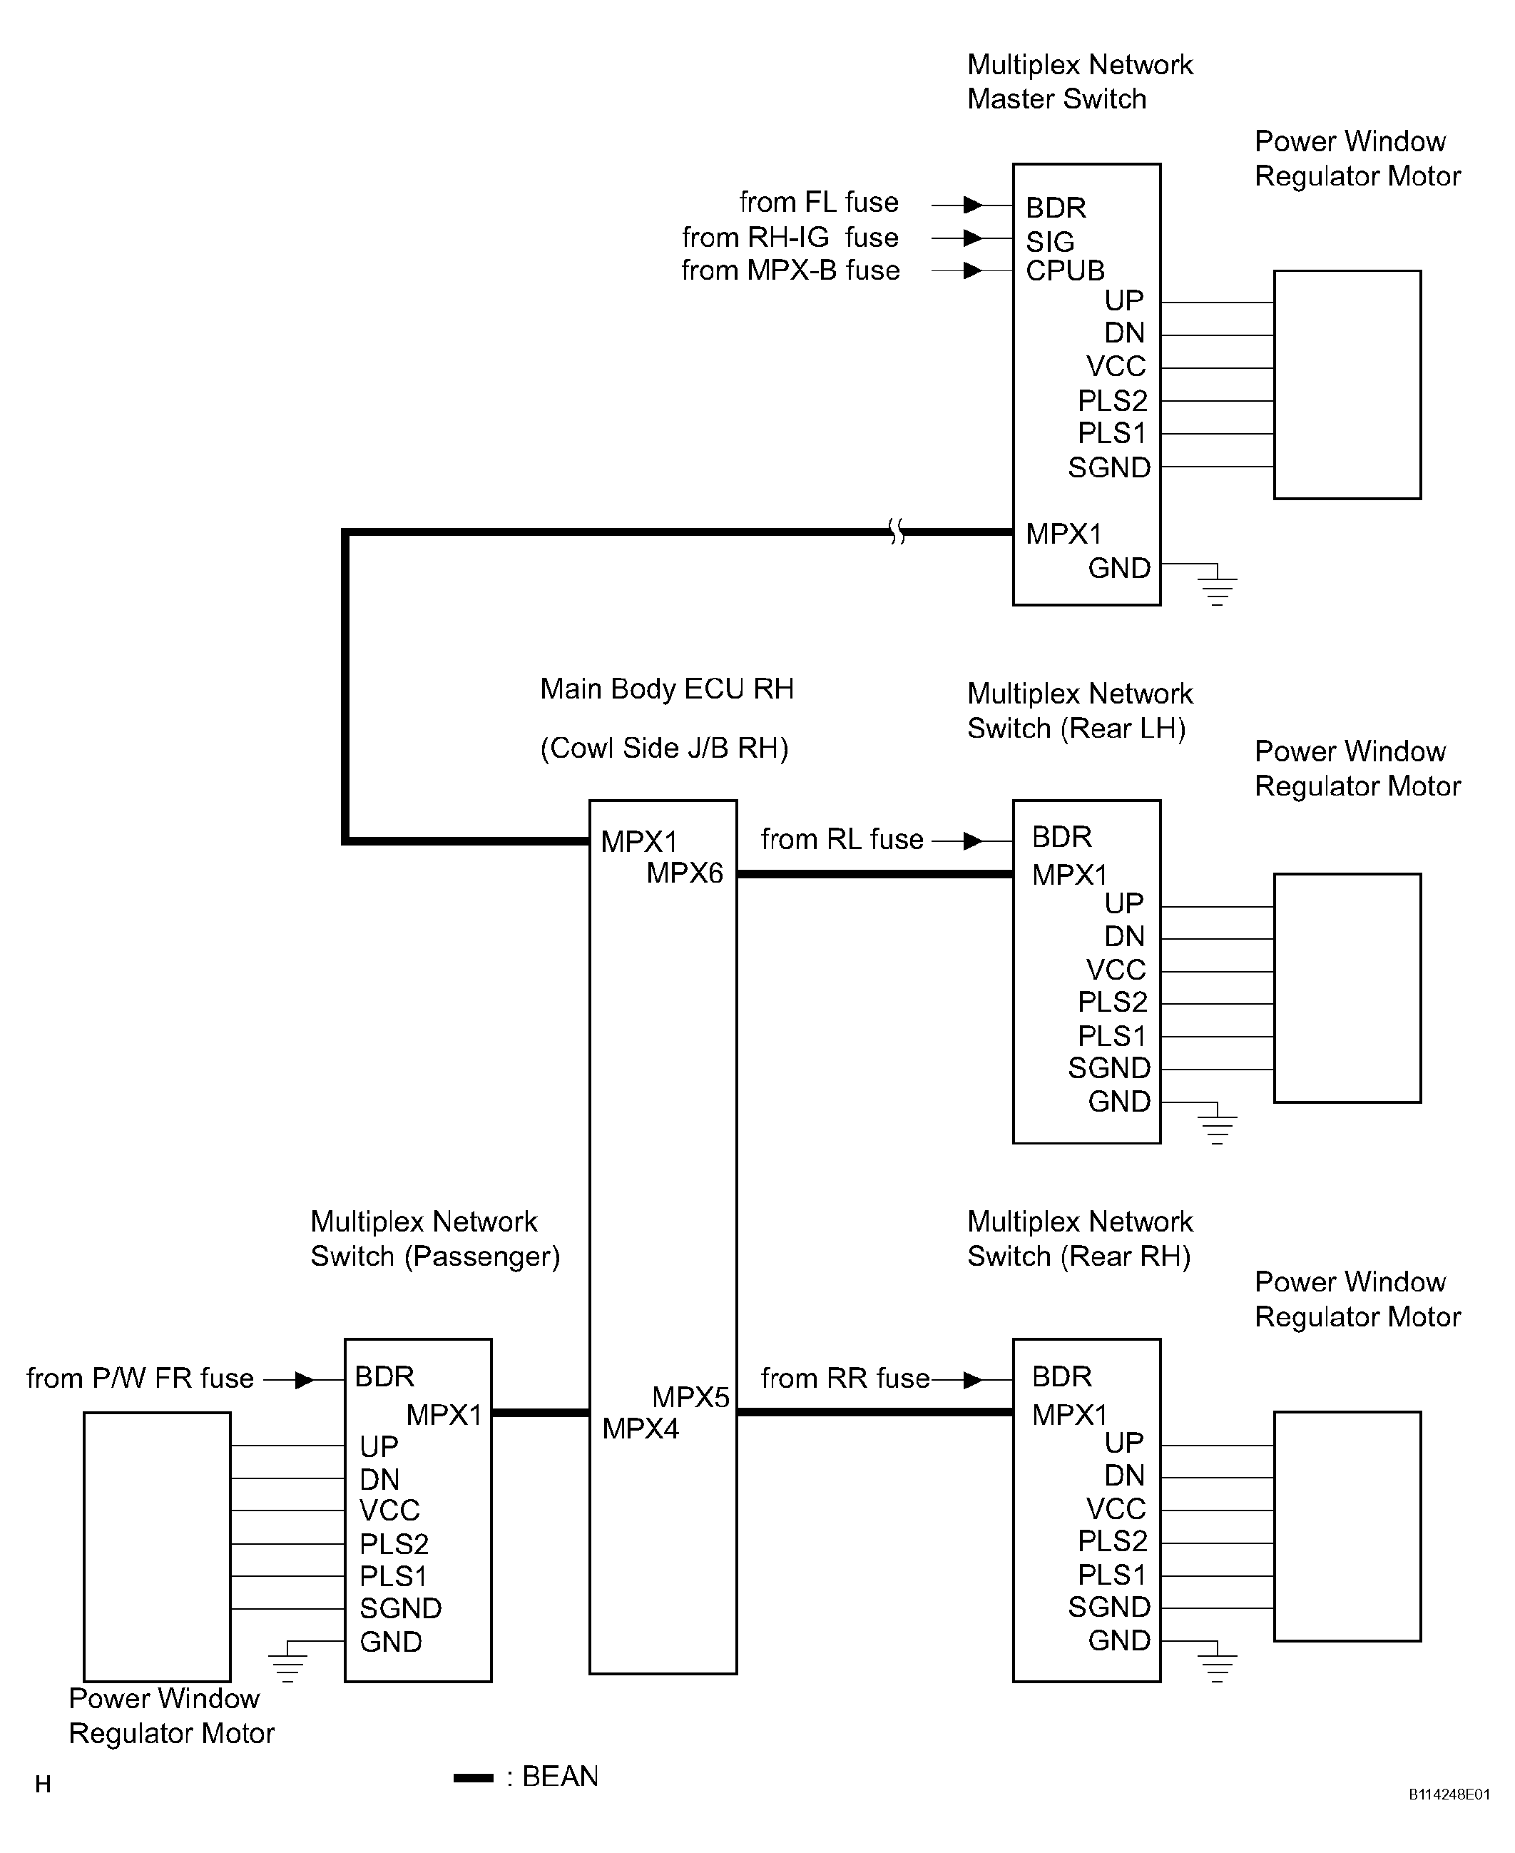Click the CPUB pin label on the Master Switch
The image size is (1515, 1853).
[x=1065, y=270]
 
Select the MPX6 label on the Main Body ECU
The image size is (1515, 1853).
[x=684, y=873]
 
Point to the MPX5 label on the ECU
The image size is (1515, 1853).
[x=690, y=1397]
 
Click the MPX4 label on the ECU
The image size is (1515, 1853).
[x=640, y=1428]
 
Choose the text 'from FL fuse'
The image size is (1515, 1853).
[x=819, y=203]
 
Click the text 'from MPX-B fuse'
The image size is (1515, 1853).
[x=790, y=270]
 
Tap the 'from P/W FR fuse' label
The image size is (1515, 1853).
[x=140, y=1379]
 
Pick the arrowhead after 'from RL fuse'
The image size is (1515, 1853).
[x=972, y=841]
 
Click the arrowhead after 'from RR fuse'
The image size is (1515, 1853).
[x=972, y=1380]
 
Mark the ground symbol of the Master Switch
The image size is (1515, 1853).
[x=1218, y=587]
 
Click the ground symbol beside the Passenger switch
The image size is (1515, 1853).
[x=287, y=1664]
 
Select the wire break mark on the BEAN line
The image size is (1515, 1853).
[x=897, y=531]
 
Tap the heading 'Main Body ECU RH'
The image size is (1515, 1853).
[x=667, y=689]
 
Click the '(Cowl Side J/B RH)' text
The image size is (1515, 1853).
[x=664, y=748]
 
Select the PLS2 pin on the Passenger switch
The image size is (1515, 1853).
[x=394, y=1544]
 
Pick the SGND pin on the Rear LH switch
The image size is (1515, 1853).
[x=1108, y=1067]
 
